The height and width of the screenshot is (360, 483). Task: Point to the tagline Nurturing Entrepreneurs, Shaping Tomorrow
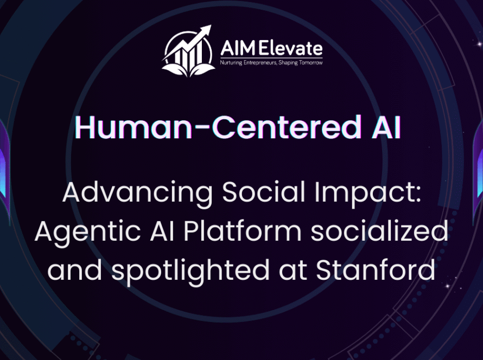(271, 63)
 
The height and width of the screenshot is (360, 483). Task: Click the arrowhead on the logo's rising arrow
(206, 30)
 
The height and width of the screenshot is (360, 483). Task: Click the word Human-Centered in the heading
(218, 127)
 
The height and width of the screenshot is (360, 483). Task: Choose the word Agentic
(88, 232)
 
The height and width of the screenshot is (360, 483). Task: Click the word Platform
(243, 231)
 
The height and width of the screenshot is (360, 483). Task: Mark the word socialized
(379, 231)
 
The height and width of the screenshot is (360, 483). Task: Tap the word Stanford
(376, 270)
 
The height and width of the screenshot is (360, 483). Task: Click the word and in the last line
(74, 270)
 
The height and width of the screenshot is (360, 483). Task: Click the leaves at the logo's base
(188, 70)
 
